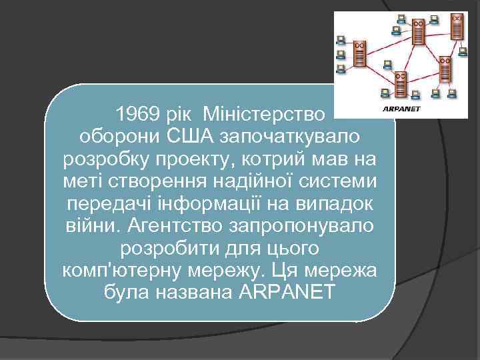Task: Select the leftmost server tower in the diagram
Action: pyautogui.click(x=359, y=53)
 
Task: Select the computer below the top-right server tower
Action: pyautogui.click(x=462, y=51)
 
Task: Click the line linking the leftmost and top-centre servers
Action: pyautogui.click(x=389, y=43)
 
